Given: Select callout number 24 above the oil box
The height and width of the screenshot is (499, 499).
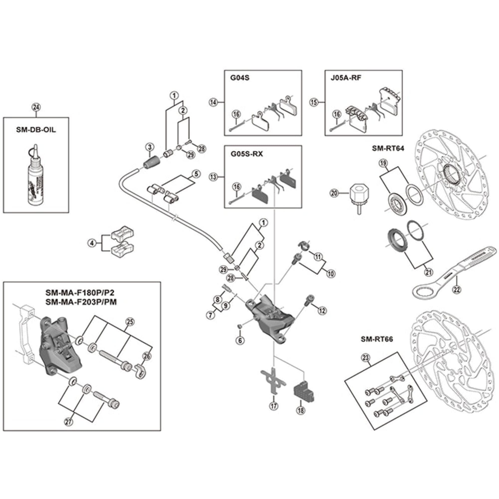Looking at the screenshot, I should coord(36,107).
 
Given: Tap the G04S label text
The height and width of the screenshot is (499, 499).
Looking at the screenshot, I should coord(240,78).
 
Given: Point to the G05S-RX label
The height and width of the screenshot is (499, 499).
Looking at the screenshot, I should coord(247,154).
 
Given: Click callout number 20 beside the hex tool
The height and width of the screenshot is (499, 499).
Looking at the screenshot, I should coord(334,193).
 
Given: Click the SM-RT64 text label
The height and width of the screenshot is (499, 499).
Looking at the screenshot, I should coord(388,148).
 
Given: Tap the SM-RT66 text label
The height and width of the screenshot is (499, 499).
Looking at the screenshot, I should coord(376,339).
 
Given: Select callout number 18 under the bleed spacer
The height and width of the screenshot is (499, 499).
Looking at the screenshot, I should coord(301,410).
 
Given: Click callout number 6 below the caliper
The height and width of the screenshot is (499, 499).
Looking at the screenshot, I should coord(240,340).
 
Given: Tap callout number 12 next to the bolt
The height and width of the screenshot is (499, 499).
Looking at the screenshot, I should coord(322,311).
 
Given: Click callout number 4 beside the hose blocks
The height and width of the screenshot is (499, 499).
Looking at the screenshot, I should coord(92,243).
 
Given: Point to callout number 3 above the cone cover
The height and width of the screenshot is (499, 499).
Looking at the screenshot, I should coord(149,147).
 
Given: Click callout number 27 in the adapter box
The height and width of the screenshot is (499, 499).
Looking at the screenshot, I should coord(69,422).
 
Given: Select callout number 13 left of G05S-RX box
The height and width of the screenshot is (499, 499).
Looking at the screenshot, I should coord(213,177).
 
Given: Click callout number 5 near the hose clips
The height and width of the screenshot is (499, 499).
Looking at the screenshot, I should coord(196,174).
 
